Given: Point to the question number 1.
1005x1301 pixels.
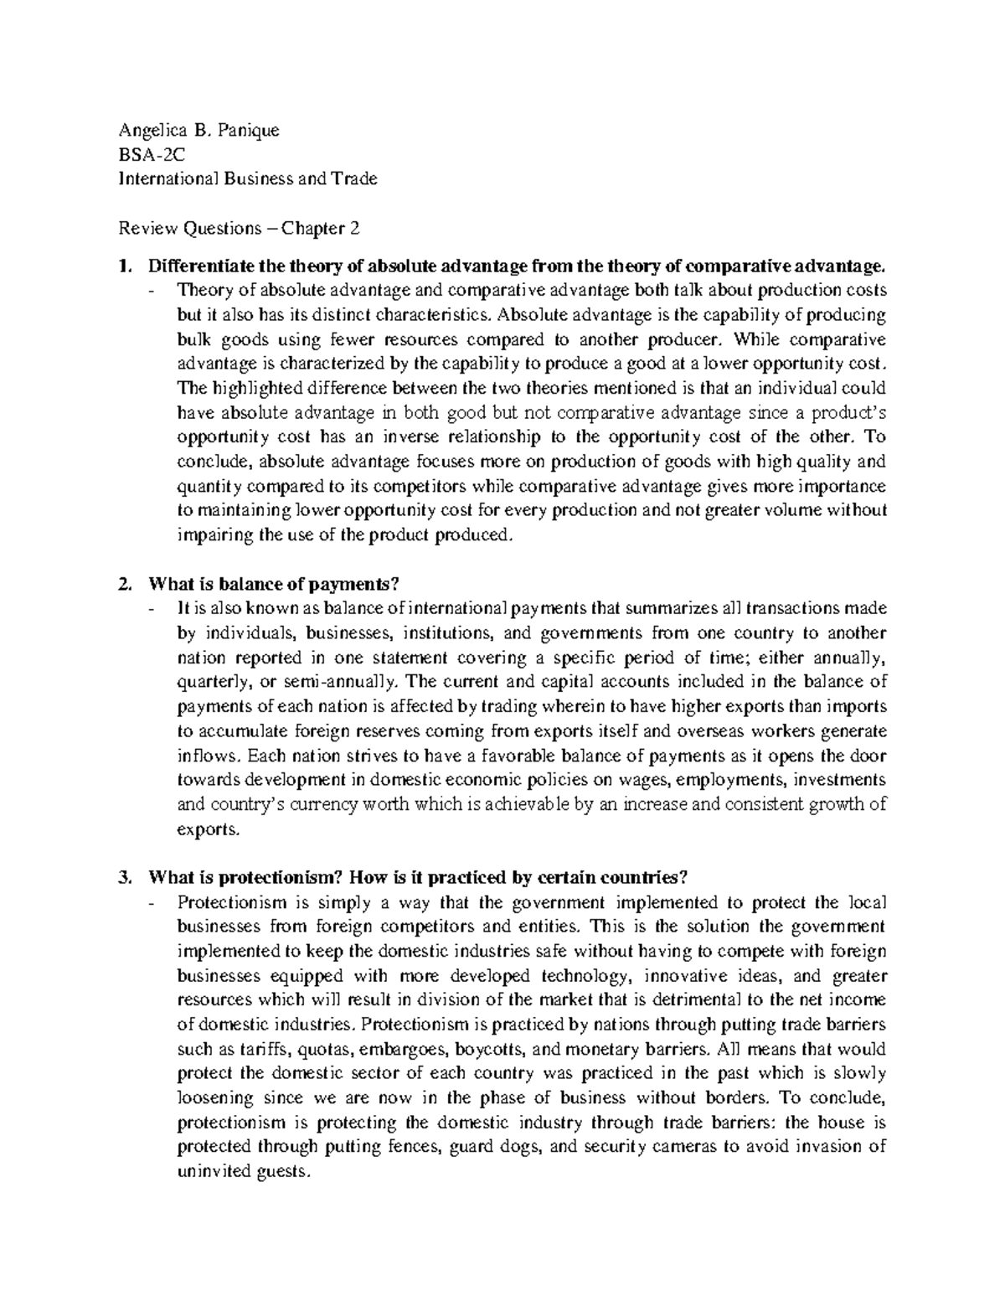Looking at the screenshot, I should (x=125, y=266).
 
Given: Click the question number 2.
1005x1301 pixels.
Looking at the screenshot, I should (x=125, y=584).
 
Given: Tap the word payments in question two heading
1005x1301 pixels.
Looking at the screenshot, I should (x=351, y=584).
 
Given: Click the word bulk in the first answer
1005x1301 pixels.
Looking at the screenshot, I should (x=193, y=340).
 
